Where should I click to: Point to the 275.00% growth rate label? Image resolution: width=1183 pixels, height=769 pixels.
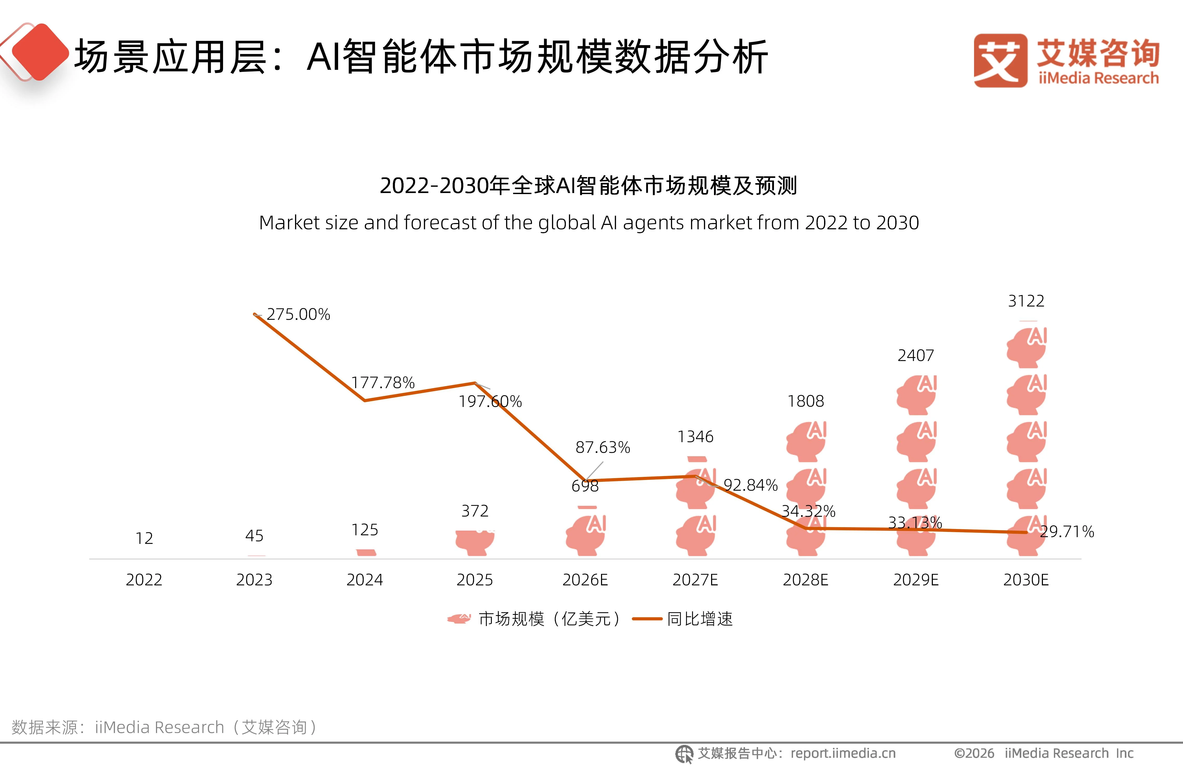tap(298, 314)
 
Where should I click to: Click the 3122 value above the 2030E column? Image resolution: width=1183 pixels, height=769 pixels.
tap(1026, 301)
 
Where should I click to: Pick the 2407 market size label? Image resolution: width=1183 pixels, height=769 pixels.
tap(916, 356)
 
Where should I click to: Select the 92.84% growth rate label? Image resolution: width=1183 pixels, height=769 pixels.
tap(750, 485)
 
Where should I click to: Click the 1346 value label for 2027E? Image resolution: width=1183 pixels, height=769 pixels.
tap(695, 436)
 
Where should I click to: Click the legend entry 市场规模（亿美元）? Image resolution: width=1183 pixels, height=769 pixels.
tap(534, 619)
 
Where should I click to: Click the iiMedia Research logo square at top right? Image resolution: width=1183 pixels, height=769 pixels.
tap(1000, 61)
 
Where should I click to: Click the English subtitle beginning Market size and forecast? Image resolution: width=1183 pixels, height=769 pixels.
tap(589, 223)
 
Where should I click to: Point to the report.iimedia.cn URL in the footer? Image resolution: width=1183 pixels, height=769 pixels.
tap(843, 754)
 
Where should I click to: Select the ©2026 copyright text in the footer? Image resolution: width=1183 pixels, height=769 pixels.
tap(974, 754)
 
